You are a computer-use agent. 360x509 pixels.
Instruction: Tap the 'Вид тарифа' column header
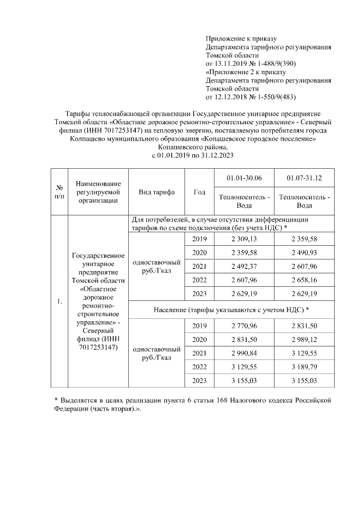(x=156, y=192)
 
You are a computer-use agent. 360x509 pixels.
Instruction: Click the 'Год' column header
(x=199, y=192)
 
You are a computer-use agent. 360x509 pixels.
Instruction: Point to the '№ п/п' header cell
(x=59, y=192)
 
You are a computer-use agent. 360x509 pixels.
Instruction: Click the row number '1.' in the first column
(x=59, y=303)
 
